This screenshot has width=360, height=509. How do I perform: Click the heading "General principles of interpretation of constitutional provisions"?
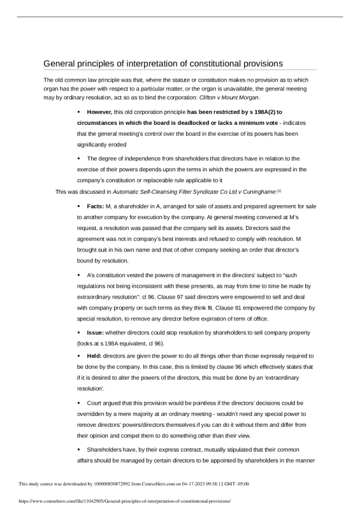tap(162, 63)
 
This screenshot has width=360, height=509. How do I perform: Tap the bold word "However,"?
tap(100, 111)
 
